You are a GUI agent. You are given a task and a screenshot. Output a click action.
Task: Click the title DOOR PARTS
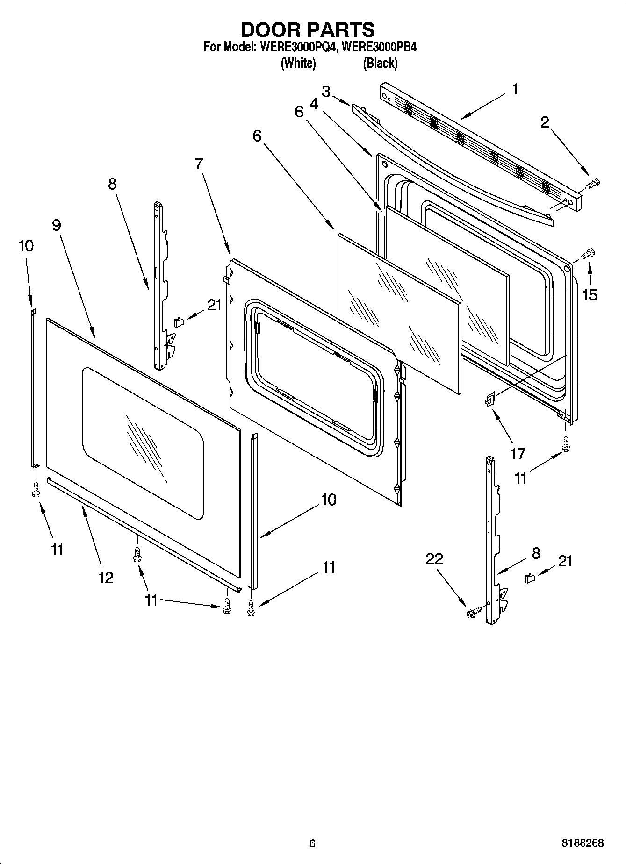point(308,29)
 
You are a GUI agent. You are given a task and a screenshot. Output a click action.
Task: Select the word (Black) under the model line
point(380,63)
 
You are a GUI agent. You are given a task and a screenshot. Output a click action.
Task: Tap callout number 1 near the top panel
point(515,89)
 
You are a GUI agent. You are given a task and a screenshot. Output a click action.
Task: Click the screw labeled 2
point(592,183)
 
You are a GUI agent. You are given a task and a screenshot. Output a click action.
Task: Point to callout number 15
point(590,295)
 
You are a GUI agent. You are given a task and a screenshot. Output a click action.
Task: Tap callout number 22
point(434,558)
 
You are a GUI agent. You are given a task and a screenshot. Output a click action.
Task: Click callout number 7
point(199,164)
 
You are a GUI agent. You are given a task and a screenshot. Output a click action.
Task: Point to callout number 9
point(56,225)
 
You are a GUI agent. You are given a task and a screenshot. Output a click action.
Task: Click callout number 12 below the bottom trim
point(106,578)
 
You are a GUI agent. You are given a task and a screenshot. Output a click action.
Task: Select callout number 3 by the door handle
point(326,92)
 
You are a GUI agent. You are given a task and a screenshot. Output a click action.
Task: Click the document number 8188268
point(583,843)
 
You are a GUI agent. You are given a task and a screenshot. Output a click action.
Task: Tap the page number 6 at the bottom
point(312,843)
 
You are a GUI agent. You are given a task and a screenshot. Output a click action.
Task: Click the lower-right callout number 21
point(565,561)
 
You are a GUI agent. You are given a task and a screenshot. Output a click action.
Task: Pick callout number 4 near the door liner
point(314,104)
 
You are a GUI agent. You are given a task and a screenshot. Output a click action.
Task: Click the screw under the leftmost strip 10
point(36,490)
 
